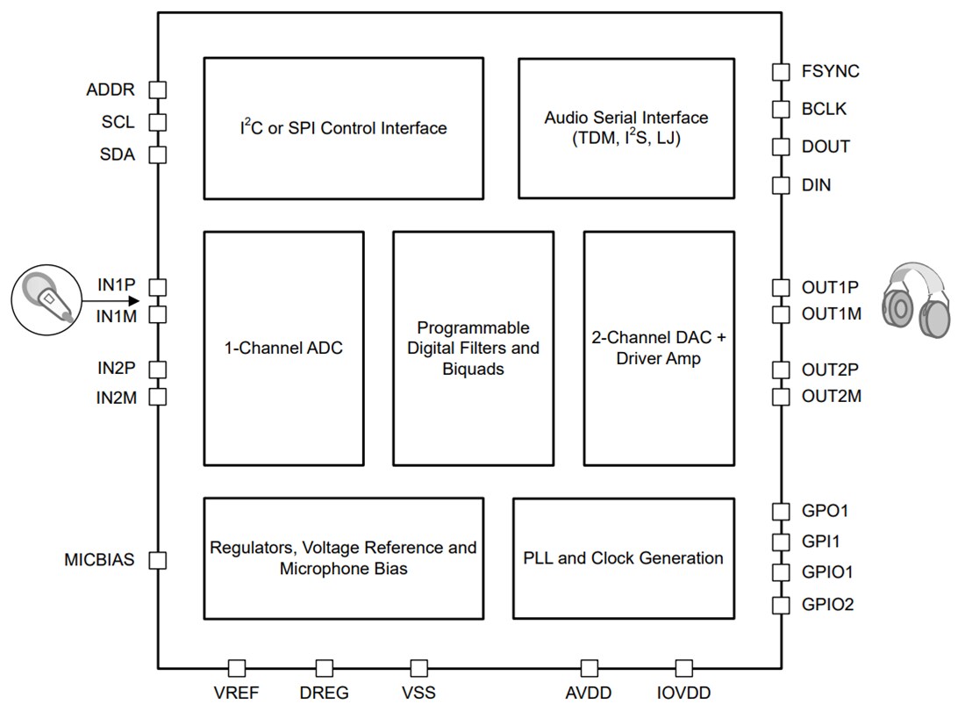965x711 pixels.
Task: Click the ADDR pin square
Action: click(158, 90)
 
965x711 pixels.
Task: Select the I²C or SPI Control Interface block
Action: click(343, 128)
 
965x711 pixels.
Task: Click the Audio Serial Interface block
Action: click(625, 128)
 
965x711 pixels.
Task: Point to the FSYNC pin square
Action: click(780, 72)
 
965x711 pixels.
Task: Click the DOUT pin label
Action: click(826, 147)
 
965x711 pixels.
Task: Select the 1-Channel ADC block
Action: click(282, 348)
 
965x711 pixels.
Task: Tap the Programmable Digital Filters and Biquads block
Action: click(473, 348)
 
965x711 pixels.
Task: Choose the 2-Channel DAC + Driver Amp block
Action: click(658, 348)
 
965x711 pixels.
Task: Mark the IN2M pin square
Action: click(158, 397)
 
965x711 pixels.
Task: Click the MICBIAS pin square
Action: click(158, 560)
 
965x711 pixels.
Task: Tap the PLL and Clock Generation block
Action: click(623, 558)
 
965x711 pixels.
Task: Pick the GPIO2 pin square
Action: click(780, 605)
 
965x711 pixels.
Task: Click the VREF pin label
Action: click(236, 693)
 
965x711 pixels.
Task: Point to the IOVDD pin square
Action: click(683, 669)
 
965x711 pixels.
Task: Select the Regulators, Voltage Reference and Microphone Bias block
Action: click(343, 558)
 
